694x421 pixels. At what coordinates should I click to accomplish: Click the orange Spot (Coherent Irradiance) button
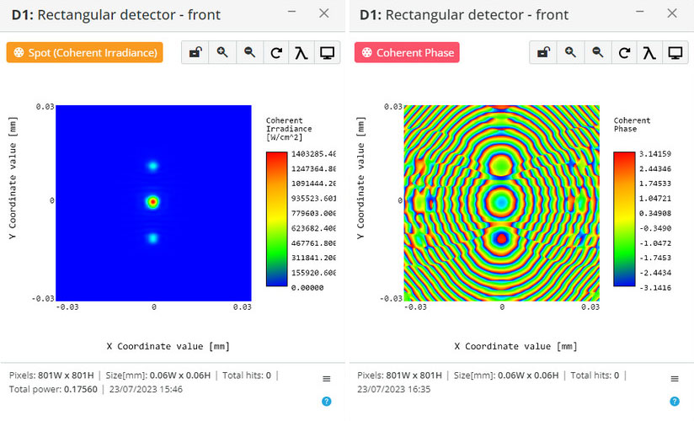point(84,53)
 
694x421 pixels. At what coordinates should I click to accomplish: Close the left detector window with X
point(324,13)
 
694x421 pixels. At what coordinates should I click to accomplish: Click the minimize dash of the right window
point(639,12)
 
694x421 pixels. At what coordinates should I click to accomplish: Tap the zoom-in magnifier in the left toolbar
point(222,53)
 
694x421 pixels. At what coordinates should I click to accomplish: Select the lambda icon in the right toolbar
point(649,53)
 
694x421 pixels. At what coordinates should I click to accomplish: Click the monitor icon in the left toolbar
point(327,53)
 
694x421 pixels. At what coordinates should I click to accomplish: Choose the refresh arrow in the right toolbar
point(624,53)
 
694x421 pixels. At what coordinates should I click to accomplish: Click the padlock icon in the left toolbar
point(195,53)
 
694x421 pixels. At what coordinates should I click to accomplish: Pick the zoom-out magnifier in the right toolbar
point(597,53)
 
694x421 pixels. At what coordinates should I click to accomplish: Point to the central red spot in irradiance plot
point(152,202)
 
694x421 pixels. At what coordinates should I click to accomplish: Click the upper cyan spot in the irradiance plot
point(152,166)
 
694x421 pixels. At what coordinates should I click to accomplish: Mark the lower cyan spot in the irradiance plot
point(152,238)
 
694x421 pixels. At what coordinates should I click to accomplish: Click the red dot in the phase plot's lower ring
point(501,238)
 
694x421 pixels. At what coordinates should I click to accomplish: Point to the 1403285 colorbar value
point(313,154)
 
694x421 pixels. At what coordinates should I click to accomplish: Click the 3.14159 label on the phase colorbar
point(655,154)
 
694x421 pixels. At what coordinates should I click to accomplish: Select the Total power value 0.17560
point(81,390)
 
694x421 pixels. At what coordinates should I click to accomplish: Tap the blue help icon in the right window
point(674,402)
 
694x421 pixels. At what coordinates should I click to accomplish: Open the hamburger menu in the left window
point(327,379)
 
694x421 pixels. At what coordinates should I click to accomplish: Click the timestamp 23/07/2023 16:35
point(394,390)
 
